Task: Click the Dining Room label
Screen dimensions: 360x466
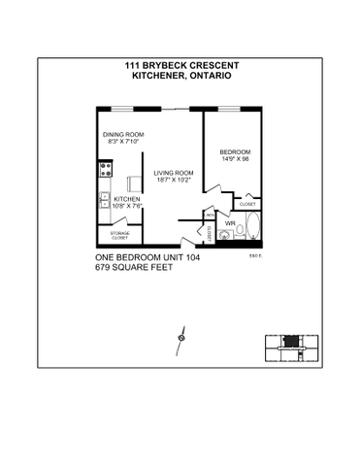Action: click(x=123, y=135)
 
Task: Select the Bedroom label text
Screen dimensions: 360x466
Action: click(x=235, y=152)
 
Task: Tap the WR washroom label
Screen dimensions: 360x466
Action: click(x=231, y=224)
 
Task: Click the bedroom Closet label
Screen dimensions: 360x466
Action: click(x=246, y=205)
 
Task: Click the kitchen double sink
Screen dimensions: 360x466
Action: click(x=103, y=202)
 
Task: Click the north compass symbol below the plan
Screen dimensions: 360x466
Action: click(x=180, y=336)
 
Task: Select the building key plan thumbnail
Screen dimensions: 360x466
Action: click(x=290, y=346)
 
